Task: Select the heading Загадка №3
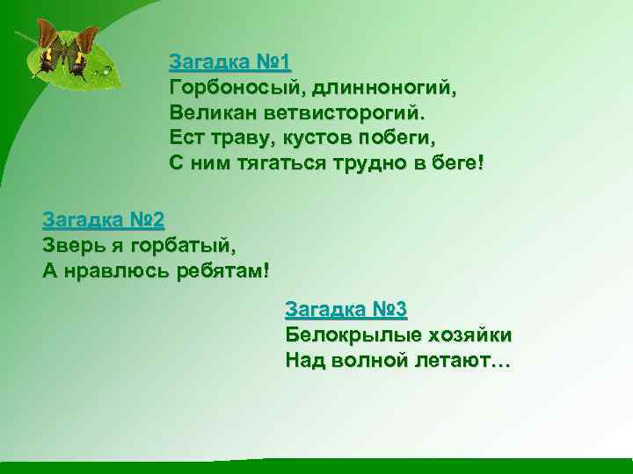pyautogui.click(x=346, y=309)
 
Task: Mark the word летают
pyautogui.click(x=461, y=361)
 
